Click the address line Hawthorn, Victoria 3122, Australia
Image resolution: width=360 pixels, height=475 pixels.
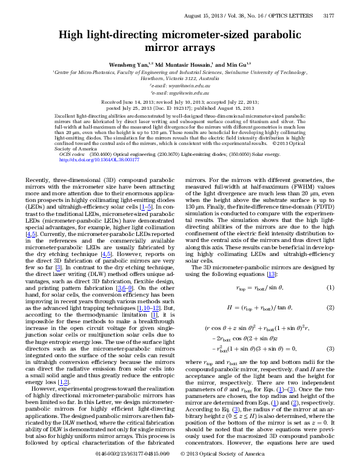[180, 78]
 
